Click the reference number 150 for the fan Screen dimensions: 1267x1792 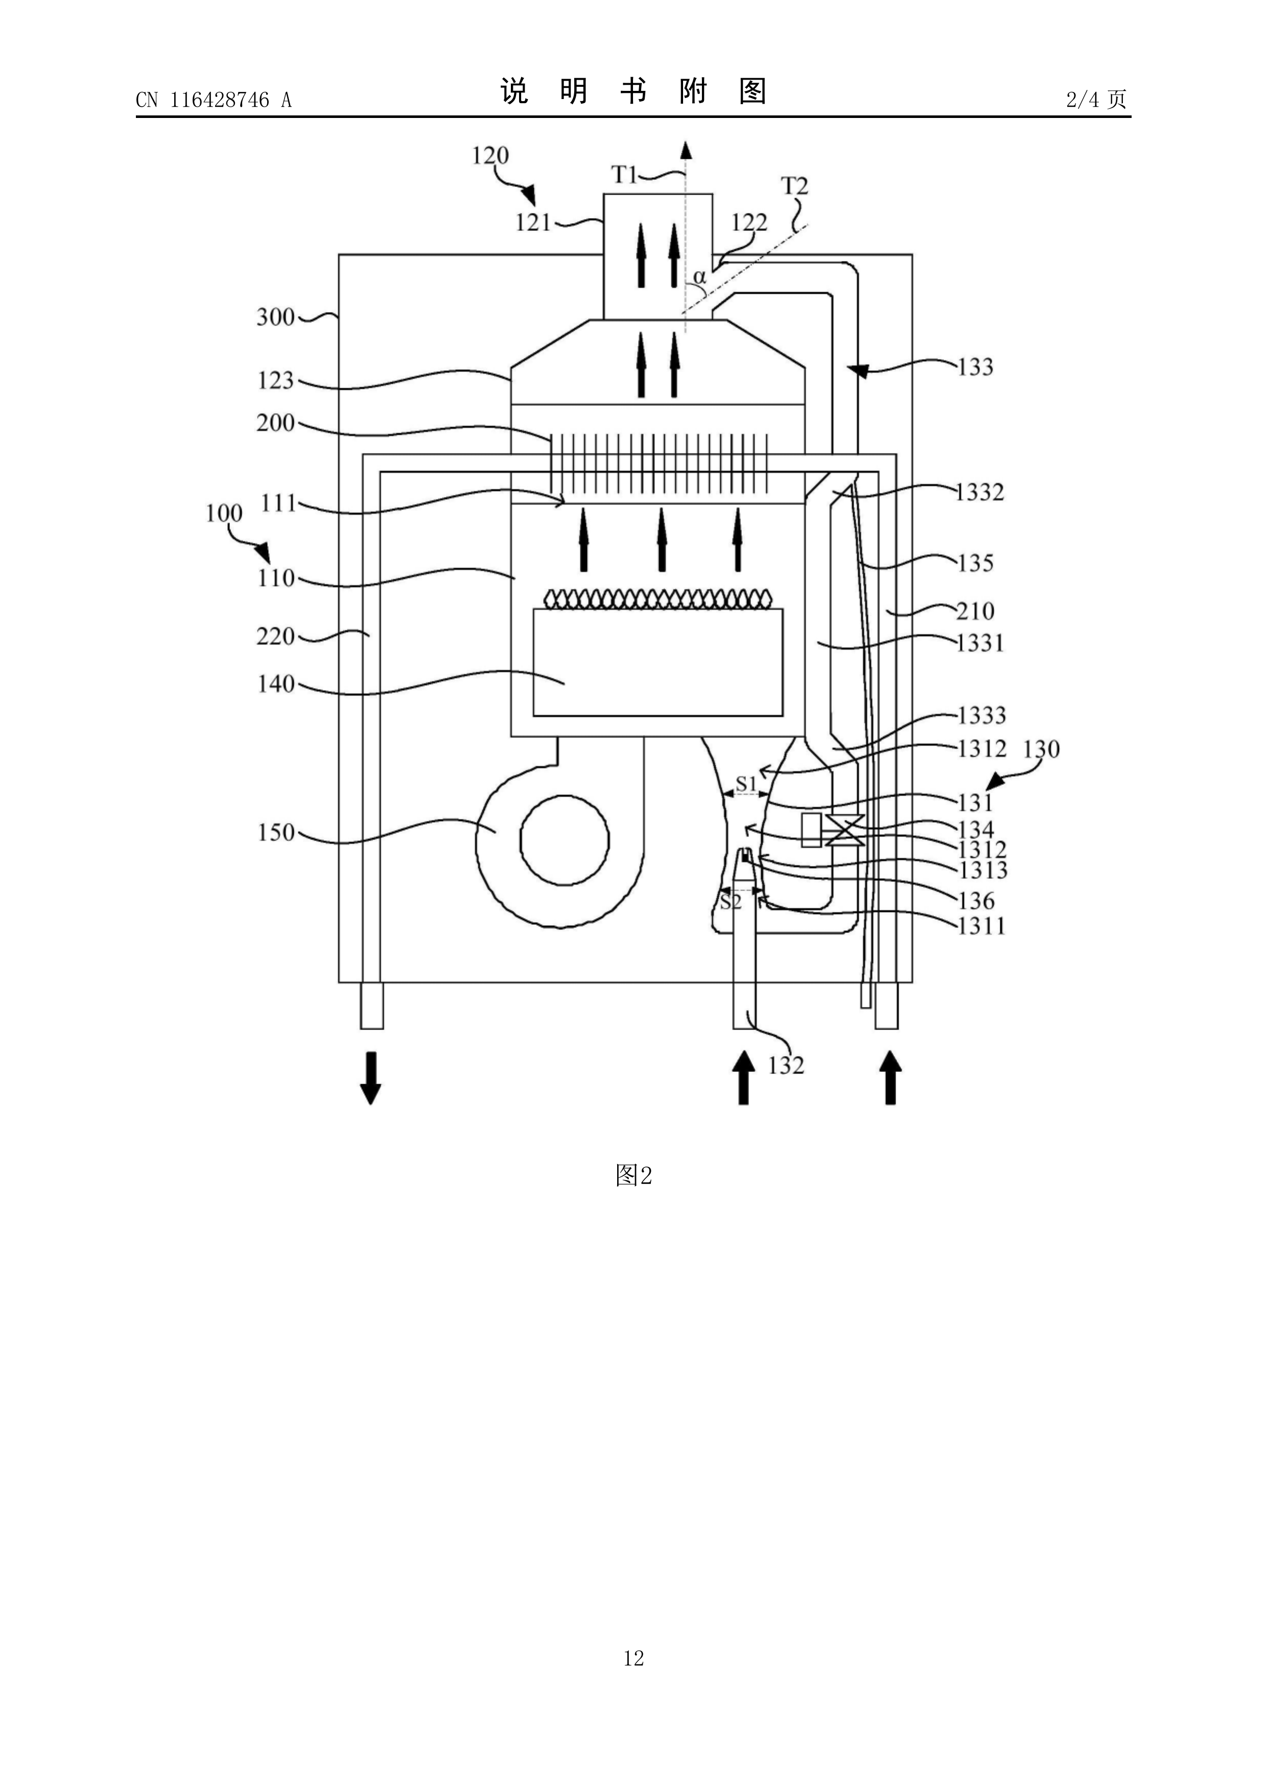(x=276, y=833)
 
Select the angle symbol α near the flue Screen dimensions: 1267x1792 (x=699, y=277)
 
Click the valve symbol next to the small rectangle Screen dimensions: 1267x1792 (x=844, y=830)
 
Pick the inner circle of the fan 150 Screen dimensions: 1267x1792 (x=565, y=841)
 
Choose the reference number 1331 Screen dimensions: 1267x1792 (x=980, y=643)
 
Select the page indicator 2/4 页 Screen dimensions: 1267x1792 (x=1096, y=99)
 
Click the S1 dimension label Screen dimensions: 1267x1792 (x=746, y=783)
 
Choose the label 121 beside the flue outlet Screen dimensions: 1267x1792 (x=533, y=223)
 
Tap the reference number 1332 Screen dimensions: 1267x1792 (x=980, y=492)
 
